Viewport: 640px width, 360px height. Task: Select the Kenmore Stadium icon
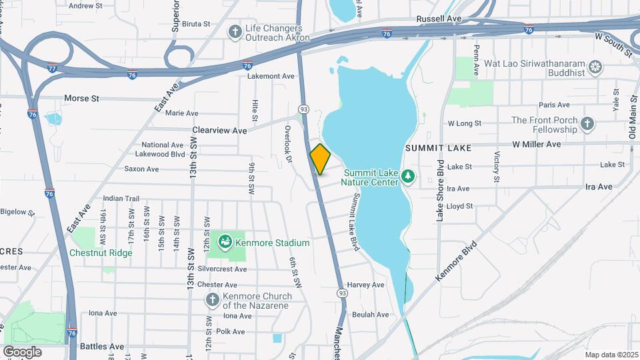click(225, 241)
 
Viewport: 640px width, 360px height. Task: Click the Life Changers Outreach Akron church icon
click(235, 31)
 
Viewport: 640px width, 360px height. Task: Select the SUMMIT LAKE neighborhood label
click(438, 147)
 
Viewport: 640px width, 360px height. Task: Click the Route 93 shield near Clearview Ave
click(304, 109)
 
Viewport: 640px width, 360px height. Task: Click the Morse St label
click(81, 98)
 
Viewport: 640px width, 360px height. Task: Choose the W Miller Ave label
click(536, 144)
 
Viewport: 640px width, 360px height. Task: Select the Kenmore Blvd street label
click(458, 261)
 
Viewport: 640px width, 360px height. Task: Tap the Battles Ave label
click(102, 347)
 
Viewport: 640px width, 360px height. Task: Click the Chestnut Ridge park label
click(101, 253)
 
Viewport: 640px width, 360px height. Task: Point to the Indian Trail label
click(121, 199)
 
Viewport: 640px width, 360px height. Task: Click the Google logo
click(22, 351)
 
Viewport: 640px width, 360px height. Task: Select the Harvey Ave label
click(366, 285)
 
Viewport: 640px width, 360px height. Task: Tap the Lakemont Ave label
click(271, 76)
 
